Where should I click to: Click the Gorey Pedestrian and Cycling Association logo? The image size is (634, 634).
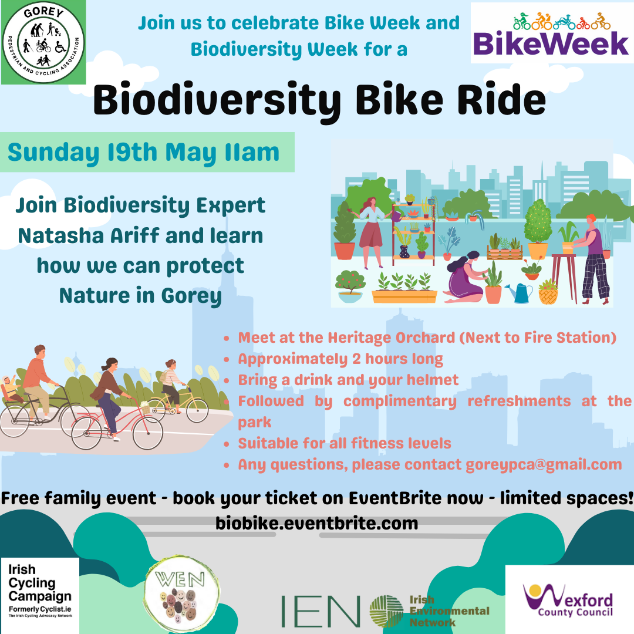coord(43,42)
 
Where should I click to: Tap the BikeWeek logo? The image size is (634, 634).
coord(552,33)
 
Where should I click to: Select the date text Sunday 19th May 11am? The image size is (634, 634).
coord(144,153)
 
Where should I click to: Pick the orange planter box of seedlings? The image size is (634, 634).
coord(404,288)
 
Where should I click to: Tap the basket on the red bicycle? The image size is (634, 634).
coord(145,407)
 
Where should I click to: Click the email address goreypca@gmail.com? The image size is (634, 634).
coord(544,464)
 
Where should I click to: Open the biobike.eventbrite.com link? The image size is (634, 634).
coord(316,523)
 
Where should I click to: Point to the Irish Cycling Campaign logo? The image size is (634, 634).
coord(40,595)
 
